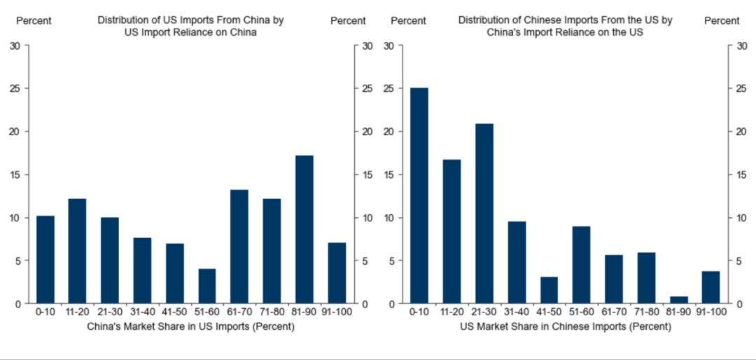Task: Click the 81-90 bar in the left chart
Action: (x=304, y=230)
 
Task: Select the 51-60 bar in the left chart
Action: (x=207, y=286)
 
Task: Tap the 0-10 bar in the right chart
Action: (x=419, y=195)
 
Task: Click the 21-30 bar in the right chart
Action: (x=484, y=214)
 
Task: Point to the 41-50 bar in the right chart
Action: (x=549, y=290)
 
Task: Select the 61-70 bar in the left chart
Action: (x=239, y=247)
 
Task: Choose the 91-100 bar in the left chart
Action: (x=337, y=273)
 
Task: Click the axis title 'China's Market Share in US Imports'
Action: (x=190, y=327)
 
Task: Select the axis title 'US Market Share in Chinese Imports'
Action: (x=566, y=327)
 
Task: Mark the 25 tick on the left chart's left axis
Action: (x=15, y=89)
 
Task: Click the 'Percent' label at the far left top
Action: (x=34, y=21)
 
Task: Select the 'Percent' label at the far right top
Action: (x=722, y=21)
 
